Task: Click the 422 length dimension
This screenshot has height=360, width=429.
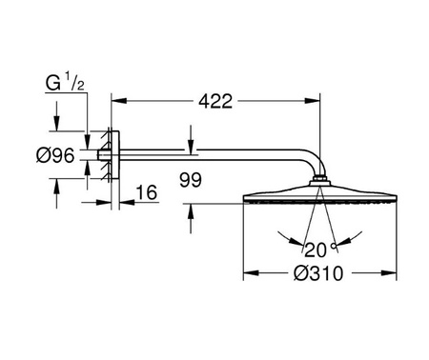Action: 215,102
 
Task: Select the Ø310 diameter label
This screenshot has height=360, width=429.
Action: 318,273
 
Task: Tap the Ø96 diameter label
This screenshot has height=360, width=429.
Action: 55,155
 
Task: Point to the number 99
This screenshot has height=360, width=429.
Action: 191,180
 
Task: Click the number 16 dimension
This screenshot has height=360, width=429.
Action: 147,192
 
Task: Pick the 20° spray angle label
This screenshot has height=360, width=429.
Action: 320,250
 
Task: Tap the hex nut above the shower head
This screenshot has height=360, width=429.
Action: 320,179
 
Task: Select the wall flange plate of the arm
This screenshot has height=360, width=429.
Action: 115,155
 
